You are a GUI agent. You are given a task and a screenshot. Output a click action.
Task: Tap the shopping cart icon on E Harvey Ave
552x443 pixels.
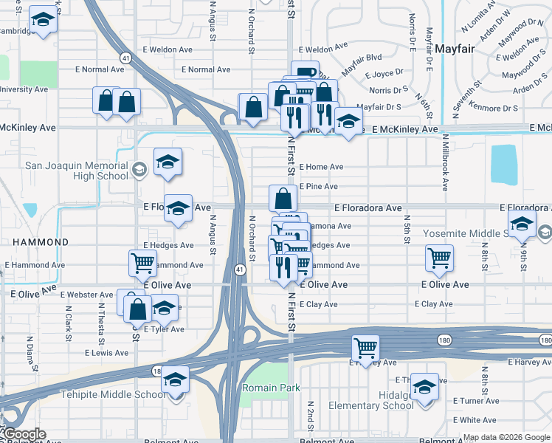tap(366, 348)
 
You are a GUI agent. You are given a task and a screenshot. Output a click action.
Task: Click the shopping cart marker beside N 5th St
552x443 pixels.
tap(439, 258)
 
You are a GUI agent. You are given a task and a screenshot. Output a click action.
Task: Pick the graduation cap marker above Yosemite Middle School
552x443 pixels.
tap(522, 224)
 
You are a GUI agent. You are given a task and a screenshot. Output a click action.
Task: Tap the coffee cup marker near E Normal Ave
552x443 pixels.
tap(304, 72)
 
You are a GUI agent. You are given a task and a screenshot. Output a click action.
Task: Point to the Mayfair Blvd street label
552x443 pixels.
tap(362, 56)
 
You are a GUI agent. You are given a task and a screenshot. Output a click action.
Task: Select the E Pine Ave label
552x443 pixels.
tap(319, 187)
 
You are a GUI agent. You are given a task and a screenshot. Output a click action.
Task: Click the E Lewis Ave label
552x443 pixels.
tap(106, 353)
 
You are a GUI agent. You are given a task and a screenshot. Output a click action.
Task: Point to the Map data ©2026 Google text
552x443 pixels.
tap(506, 437)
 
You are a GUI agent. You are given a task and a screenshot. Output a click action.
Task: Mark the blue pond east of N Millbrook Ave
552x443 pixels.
tap(503, 164)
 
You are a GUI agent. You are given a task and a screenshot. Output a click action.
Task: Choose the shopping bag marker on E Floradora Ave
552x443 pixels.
tap(283, 199)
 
